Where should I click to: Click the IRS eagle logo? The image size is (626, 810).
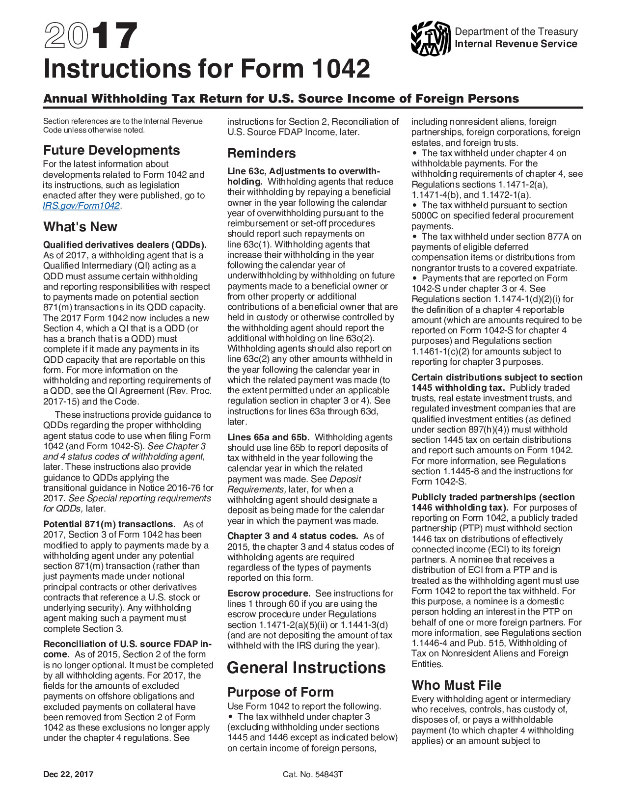point(431,38)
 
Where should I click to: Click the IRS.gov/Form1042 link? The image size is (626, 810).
point(82,206)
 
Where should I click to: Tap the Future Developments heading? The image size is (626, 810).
point(111,150)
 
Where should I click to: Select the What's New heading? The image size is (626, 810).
point(80,227)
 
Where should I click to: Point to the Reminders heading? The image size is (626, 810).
point(261,153)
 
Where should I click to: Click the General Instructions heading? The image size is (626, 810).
point(306,668)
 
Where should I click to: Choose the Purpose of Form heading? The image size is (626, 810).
point(280,692)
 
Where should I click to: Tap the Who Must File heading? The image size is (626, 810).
point(456,685)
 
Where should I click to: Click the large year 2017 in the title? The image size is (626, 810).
point(90,36)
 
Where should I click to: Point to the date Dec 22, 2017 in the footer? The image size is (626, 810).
point(68,775)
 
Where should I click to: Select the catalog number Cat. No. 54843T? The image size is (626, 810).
point(313,775)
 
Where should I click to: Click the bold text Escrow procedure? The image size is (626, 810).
point(269,594)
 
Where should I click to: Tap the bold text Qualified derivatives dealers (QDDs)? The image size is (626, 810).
point(125,245)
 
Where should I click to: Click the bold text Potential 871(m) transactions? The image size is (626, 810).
point(109,524)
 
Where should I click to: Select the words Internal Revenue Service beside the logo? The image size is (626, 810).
point(516,44)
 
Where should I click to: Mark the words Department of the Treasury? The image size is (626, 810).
point(516,31)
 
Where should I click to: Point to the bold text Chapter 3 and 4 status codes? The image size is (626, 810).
point(293,536)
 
